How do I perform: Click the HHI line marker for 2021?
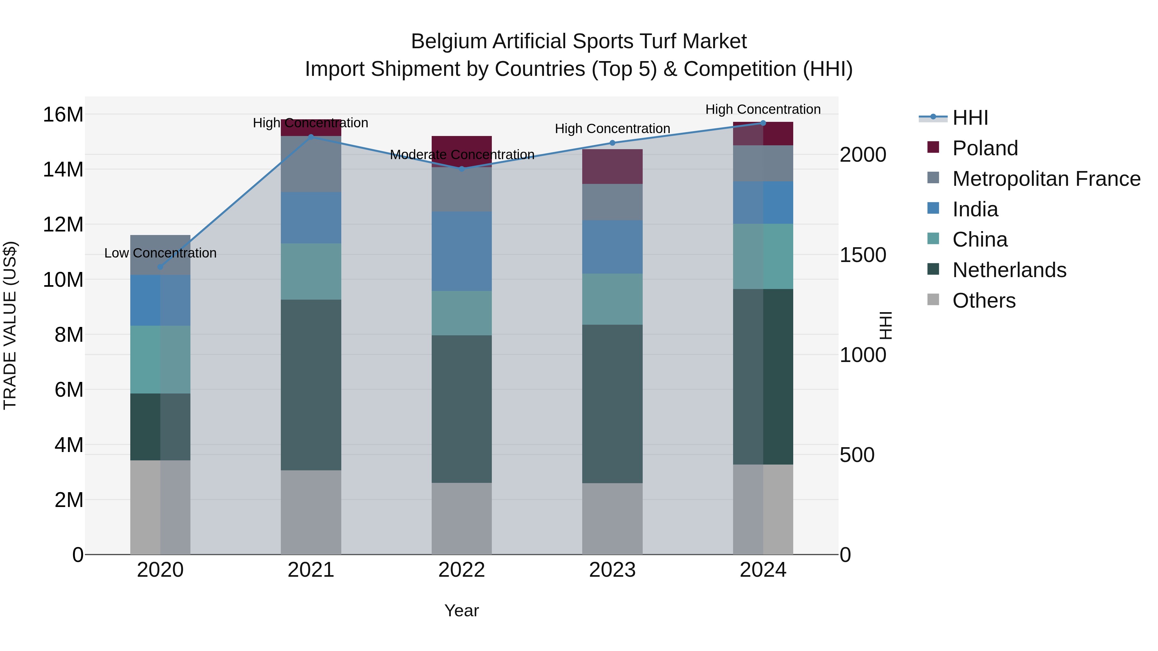[311, 137]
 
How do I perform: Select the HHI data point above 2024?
[763, 123]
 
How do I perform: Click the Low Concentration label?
[160, 253]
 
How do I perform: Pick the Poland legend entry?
[985, 148]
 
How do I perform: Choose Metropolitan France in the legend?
[1046, 179]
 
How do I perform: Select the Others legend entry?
[984, 301]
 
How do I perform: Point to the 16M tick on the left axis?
[63, 114]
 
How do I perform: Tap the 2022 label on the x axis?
[461, 570]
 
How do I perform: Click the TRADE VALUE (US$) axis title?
[10, 325]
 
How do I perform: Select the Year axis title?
[461, 610]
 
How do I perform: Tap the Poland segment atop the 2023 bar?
[612, 166]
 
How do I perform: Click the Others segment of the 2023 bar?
[612, 519]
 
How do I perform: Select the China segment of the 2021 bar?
[311, 271]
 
